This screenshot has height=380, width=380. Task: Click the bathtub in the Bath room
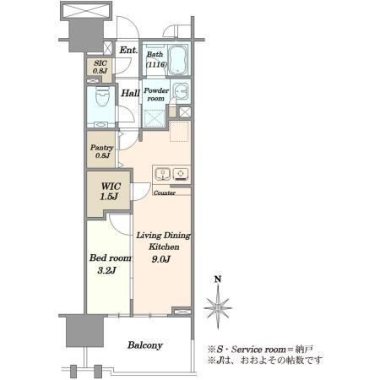(177, 60)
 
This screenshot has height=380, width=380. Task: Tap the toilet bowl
(102, 96)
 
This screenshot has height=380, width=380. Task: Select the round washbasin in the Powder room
(179, 91)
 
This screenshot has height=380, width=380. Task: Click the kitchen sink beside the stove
(162, 173)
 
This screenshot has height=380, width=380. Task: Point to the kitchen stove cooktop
(181, 173)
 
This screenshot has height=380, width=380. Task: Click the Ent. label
(128, 50)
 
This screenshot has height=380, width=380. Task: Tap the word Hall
(130, 93)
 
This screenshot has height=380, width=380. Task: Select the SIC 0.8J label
(100, 67)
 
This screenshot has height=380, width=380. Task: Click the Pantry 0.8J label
(102, 151)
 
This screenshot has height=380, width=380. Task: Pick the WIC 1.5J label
(110, 191)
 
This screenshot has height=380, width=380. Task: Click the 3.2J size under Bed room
(106, 270)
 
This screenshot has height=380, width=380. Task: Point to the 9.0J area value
(161, 259)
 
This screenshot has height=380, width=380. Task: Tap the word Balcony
(145, 345)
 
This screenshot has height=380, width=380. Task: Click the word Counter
(165, 193)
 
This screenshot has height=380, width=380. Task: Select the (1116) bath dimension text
(156, 64)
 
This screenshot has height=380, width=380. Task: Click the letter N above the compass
(218, 280)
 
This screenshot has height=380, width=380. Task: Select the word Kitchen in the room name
(164, 247)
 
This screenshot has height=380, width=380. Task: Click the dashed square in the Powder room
(155, 117)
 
